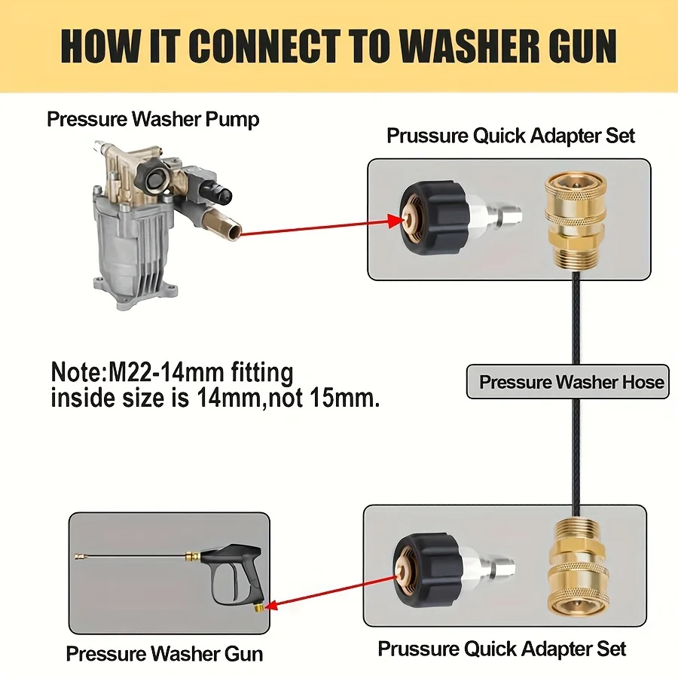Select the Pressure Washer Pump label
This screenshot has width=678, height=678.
(x=153, y=118)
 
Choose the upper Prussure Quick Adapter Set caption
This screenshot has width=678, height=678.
(x=511, y=136)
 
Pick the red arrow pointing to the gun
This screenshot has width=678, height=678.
(x=331, y=589)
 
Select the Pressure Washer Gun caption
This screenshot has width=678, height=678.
(x=164, y=653)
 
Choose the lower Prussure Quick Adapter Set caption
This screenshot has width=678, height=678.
(x=502, y=649)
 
